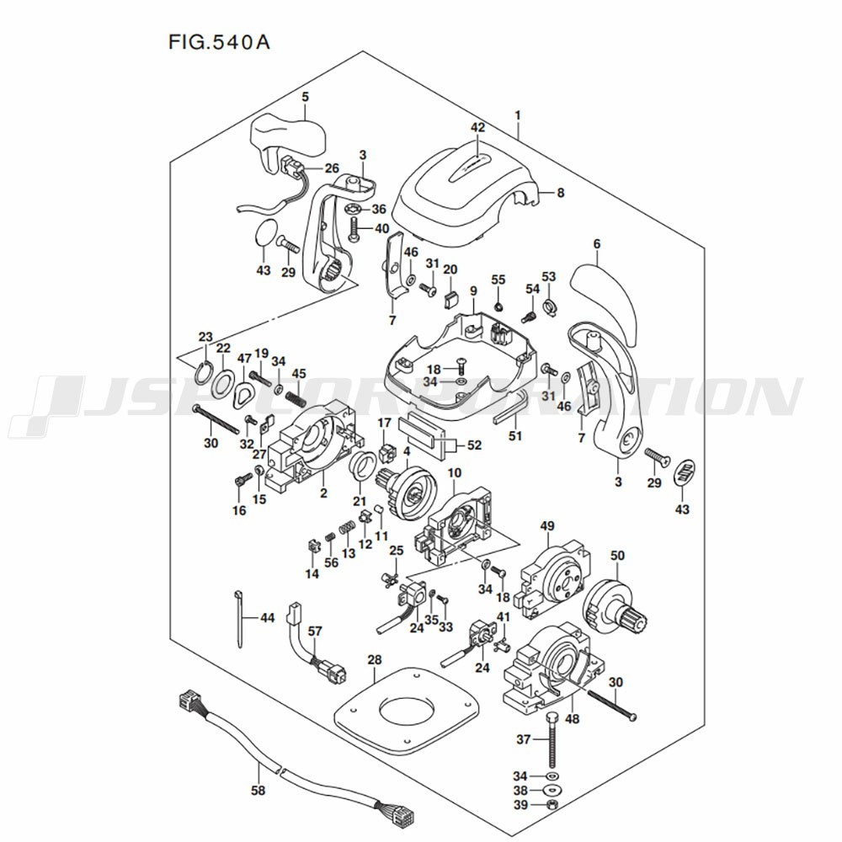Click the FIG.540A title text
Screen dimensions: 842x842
[x=219, y=42]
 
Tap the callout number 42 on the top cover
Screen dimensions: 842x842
[x=477, y=127]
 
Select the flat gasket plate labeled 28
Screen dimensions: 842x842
[x=406, y=708]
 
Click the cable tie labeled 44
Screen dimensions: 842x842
[x=239, y=619]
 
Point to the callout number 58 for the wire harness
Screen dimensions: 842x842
[x=258, y=791]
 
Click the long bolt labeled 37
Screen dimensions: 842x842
[x=552, y=740]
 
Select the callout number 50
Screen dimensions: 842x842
[x=617, y=555]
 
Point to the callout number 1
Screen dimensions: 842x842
[x=518, y=115]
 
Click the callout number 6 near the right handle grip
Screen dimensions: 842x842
[x=597, y=244]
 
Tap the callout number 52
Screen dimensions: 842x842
[x=474, y=445]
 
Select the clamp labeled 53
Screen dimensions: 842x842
[x=549, y=309]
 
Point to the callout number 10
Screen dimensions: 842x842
[x=455, y=473]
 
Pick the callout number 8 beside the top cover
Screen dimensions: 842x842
[x=561, y=192]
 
